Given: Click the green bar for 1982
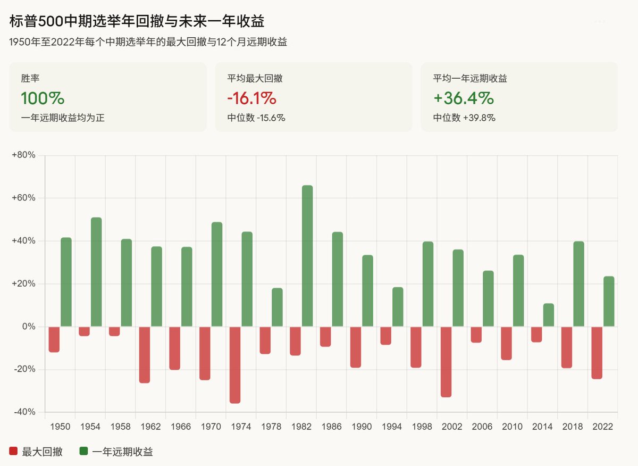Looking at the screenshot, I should [307, 256].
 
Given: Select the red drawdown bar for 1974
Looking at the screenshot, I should [235, 364].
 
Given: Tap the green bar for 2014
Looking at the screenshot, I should [549, 315].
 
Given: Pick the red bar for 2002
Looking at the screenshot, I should [446, 361].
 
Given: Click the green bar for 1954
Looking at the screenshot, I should [96, 272].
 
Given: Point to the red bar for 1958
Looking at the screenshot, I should [114, 331].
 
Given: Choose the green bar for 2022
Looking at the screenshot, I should [609, 301].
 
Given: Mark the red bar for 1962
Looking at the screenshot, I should [145, 354].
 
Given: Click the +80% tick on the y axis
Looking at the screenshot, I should [23, 155].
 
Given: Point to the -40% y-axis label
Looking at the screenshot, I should [23, 412].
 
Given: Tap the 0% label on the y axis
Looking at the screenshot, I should [28, 327].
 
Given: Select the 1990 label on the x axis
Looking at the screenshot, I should [362, 427].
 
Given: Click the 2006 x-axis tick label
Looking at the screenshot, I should [482, 427].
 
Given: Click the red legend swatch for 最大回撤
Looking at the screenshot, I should [13, 452].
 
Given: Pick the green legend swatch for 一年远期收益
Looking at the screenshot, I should [83, 452].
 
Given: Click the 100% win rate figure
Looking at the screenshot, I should [43, 98].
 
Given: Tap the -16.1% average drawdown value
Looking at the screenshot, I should [251, 98].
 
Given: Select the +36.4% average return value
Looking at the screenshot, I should [464, 98].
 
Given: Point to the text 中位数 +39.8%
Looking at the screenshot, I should [464, 118].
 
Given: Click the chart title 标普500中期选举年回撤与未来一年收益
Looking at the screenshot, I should [137, 22].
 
